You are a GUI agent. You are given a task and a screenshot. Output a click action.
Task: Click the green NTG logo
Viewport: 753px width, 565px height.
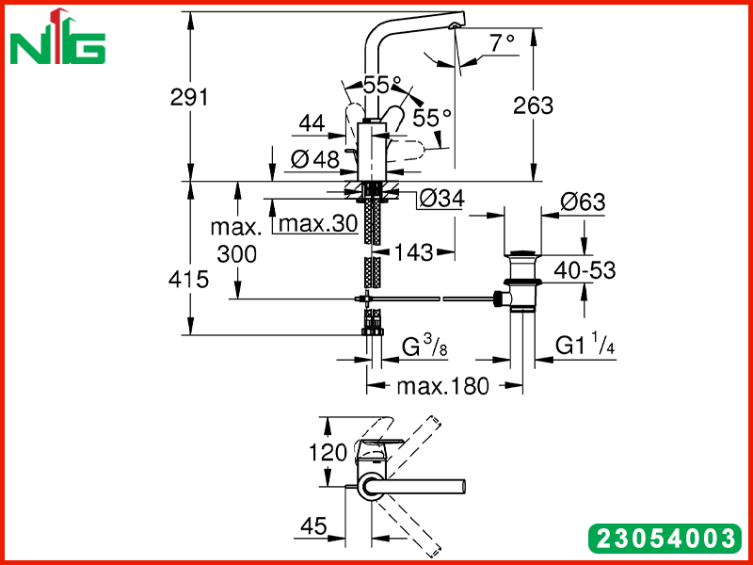pyautogui.click(x=57, y=38)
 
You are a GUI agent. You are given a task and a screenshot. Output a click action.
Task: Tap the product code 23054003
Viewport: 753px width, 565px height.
pyautogui.click(x=665, y=538)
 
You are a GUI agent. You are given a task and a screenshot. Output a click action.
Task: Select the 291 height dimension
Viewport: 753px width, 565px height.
pyautogui.click(x=190, y=98)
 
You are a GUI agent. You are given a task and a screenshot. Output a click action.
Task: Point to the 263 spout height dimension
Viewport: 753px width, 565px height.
pyautogui.click(x=533, y=105)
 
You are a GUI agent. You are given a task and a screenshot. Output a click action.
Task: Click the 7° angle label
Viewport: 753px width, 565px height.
pyautogui.click(x=503, y=42)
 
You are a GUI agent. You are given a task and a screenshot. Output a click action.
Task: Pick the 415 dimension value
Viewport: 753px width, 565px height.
pyautogui.click(x=189, y=279)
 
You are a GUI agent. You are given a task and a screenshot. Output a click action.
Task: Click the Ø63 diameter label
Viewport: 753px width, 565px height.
pyautogui.click(x=583, y=202)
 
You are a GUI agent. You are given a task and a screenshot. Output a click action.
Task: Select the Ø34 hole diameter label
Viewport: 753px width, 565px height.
pyautogui.click(x=441, y=199)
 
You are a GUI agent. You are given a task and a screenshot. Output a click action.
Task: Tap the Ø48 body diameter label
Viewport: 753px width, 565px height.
pyautogui.click(x=315, y=159)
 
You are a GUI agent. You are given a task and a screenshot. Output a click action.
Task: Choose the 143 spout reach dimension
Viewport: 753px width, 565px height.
pyautogui.click(x=413, y=252)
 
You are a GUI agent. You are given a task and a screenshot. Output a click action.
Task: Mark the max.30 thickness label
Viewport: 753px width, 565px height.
pyautogui.click(x=318, y=223)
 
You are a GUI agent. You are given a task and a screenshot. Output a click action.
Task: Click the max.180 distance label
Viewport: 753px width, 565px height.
pyautogui.click(x=442, y=386)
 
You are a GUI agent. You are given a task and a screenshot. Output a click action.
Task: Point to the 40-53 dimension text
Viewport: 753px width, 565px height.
pyautogui.click(x=585, y=271)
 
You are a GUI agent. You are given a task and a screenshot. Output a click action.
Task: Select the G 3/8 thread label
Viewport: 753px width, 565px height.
pyautogui.click(x=425, y=346)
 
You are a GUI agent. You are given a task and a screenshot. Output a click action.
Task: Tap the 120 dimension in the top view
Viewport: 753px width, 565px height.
pyautogui.click(x=327, y=453)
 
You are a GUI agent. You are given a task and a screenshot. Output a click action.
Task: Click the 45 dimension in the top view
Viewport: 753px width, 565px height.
pyautogui.click(x=313, y=526)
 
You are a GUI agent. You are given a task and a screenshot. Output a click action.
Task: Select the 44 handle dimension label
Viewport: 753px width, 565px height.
pyautogui.click(x=312, y=124)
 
